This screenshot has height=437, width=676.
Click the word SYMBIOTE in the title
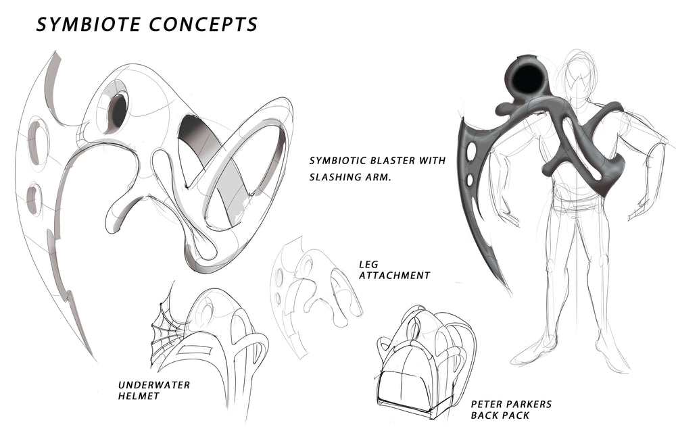tap(89, 24)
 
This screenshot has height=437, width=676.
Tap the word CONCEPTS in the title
tap(203, 24)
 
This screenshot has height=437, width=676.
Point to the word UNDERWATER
tap(154, 385)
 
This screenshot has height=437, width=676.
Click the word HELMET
tap(139, 396)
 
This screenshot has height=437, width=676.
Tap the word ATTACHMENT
tap(395, 276)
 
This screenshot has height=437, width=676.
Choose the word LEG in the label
tap(368, 264)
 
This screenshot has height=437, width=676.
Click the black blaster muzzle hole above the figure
tap(525, 77)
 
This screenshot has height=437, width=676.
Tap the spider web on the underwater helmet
tap(169, 328)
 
